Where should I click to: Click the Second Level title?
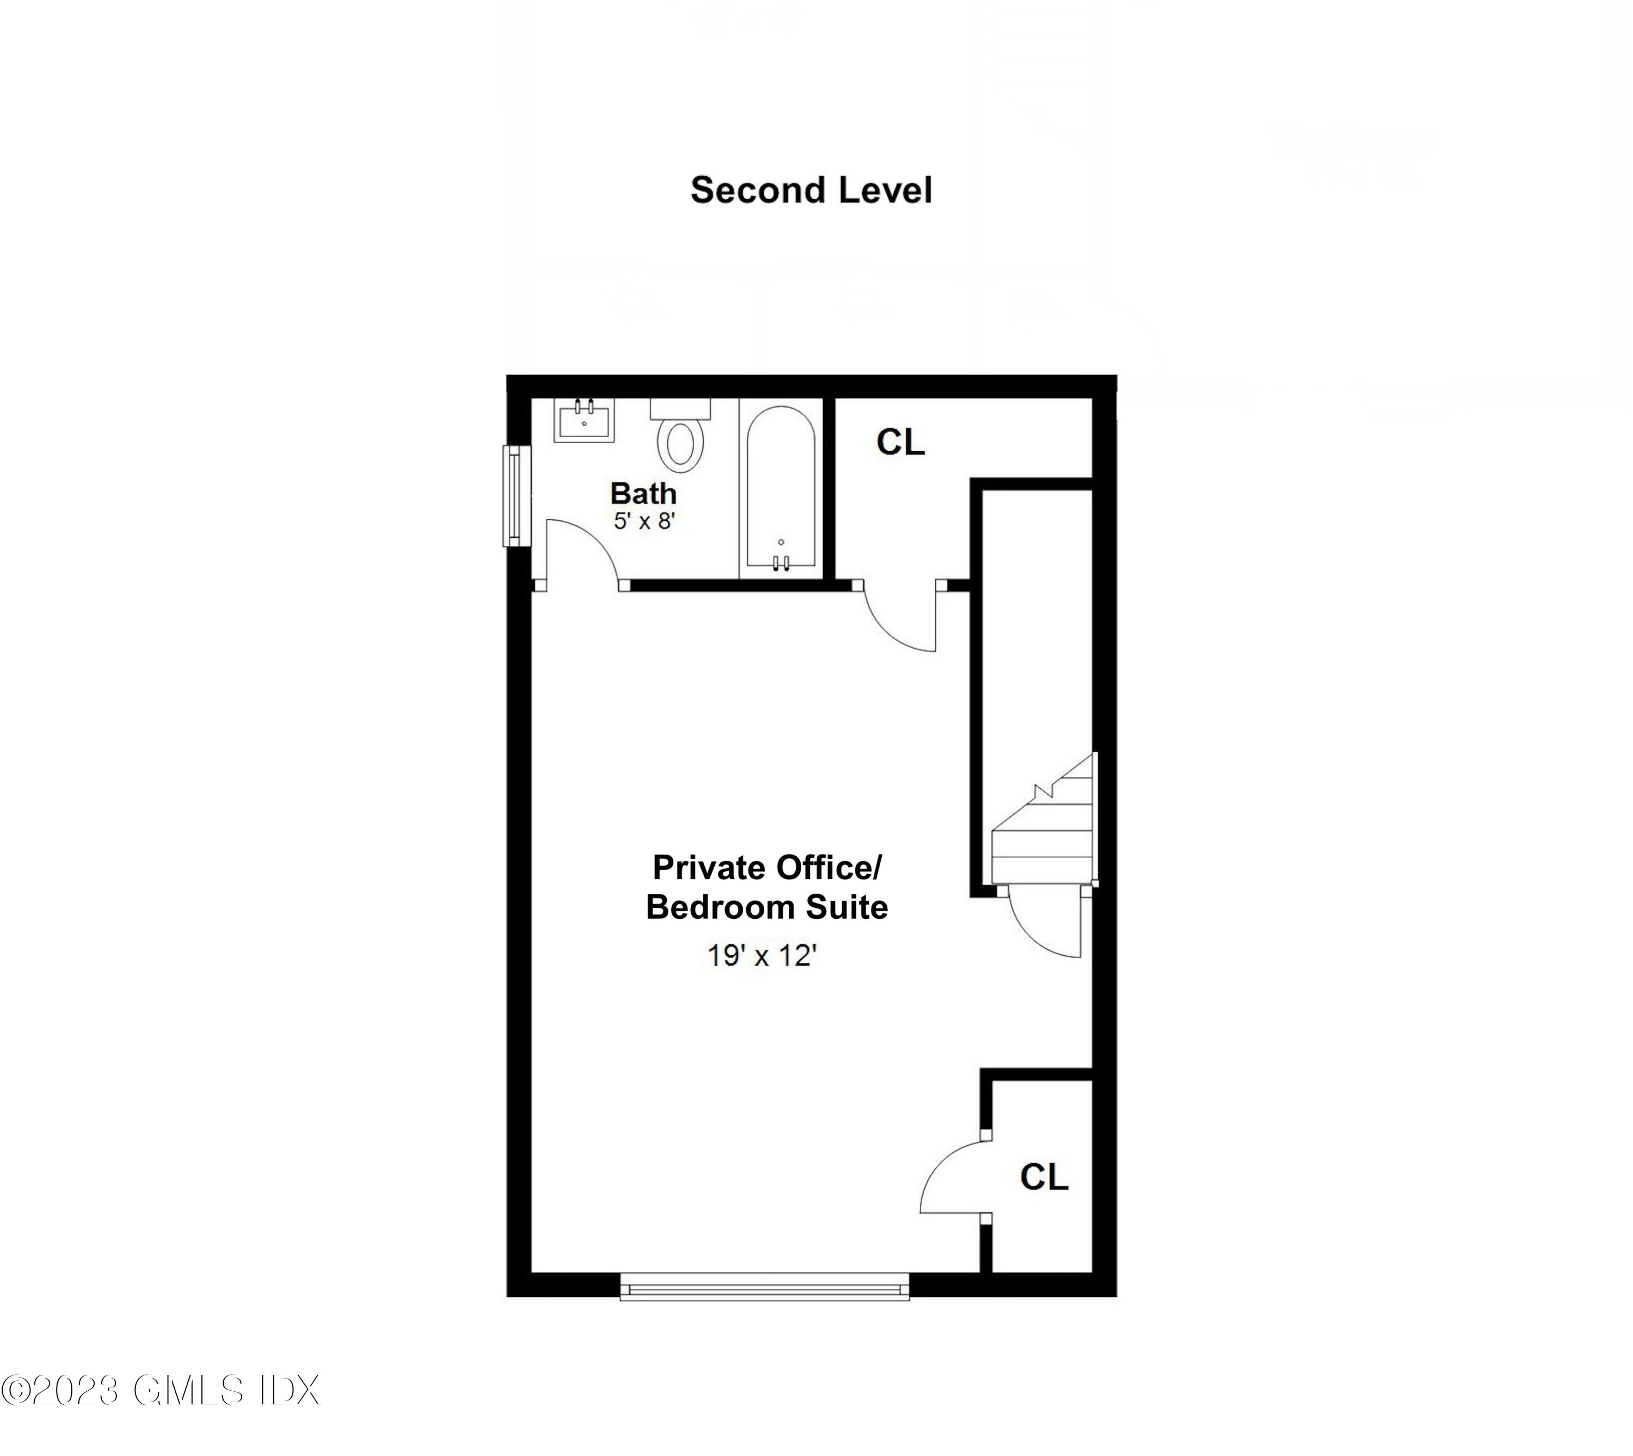point(811,191)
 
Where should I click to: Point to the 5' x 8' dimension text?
point(644,521)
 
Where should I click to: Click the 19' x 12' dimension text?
point(761,955)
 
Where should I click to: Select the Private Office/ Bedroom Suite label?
point(766,887)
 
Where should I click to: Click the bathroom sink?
point(584,420)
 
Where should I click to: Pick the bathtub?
point(781,488)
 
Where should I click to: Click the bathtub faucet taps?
point(781,562)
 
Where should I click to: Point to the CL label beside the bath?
point(900,443)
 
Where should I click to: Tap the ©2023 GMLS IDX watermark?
point(160,1390)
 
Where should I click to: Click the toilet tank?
point(680,409)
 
